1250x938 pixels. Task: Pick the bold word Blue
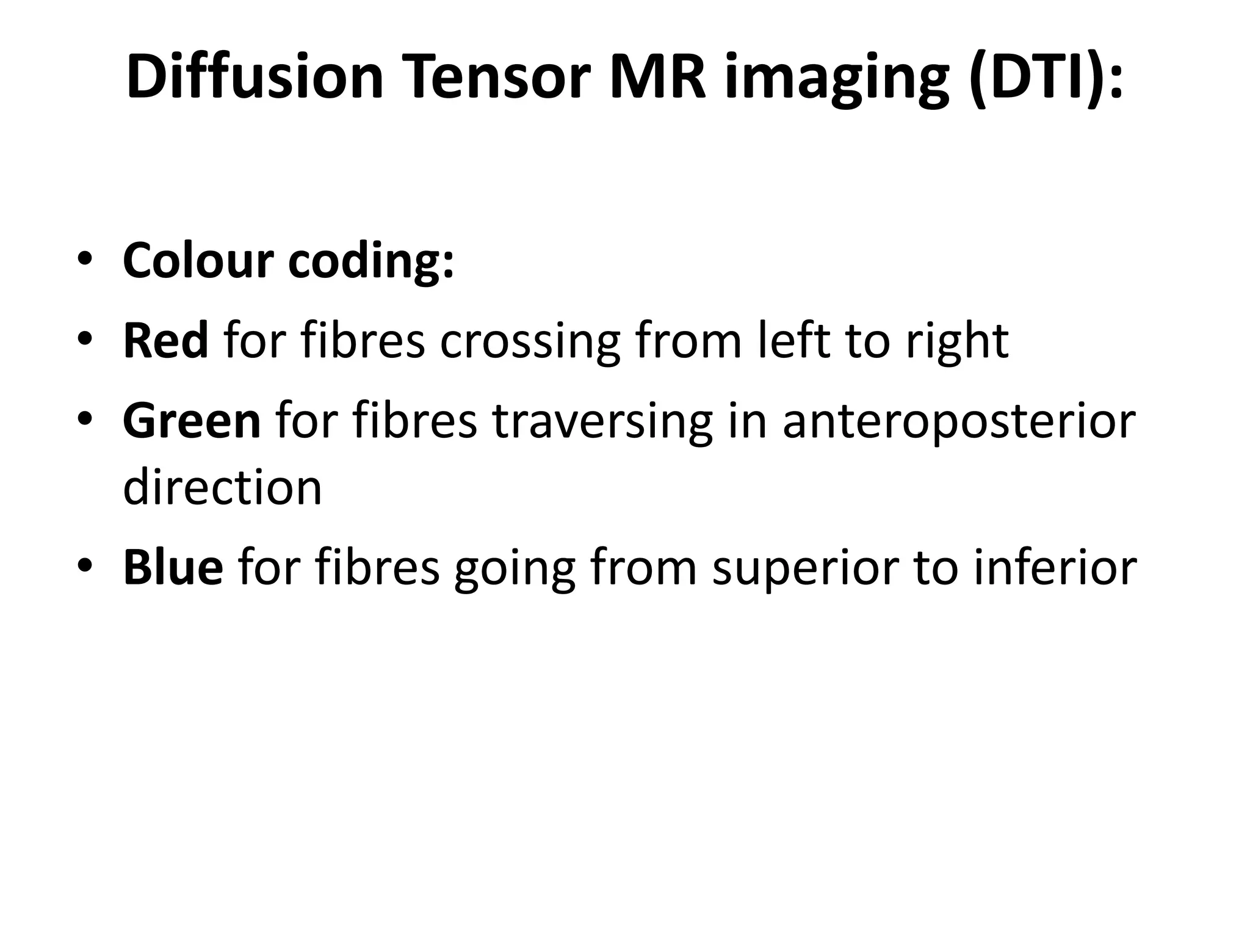click(173, 567)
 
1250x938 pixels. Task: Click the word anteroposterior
click(959, 423)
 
